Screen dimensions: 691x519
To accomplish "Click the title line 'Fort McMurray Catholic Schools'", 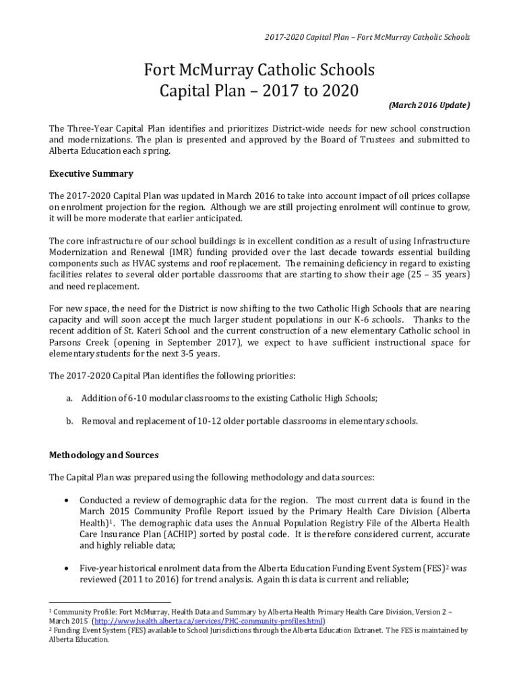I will tap(259, 70).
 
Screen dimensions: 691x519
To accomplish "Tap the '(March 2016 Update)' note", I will tap(429, 105).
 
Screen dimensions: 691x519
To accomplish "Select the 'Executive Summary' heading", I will tap(91, 173).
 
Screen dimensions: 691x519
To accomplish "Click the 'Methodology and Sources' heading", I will tap(104, 455).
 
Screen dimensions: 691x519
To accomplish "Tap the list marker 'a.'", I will tap(69, 398).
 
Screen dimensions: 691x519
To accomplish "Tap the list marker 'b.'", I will tap(69, 421).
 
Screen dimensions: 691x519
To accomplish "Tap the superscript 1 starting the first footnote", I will tap(51, 609).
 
